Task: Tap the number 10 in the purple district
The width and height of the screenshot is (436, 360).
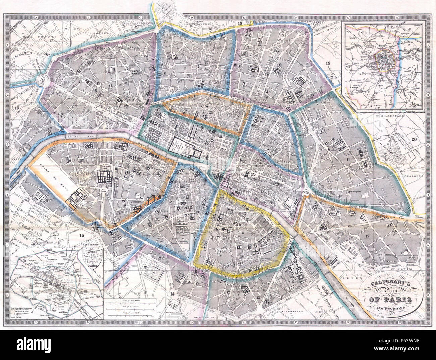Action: [x=279, y=65]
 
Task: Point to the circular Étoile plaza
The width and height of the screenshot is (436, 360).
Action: [x=43, y=80]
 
